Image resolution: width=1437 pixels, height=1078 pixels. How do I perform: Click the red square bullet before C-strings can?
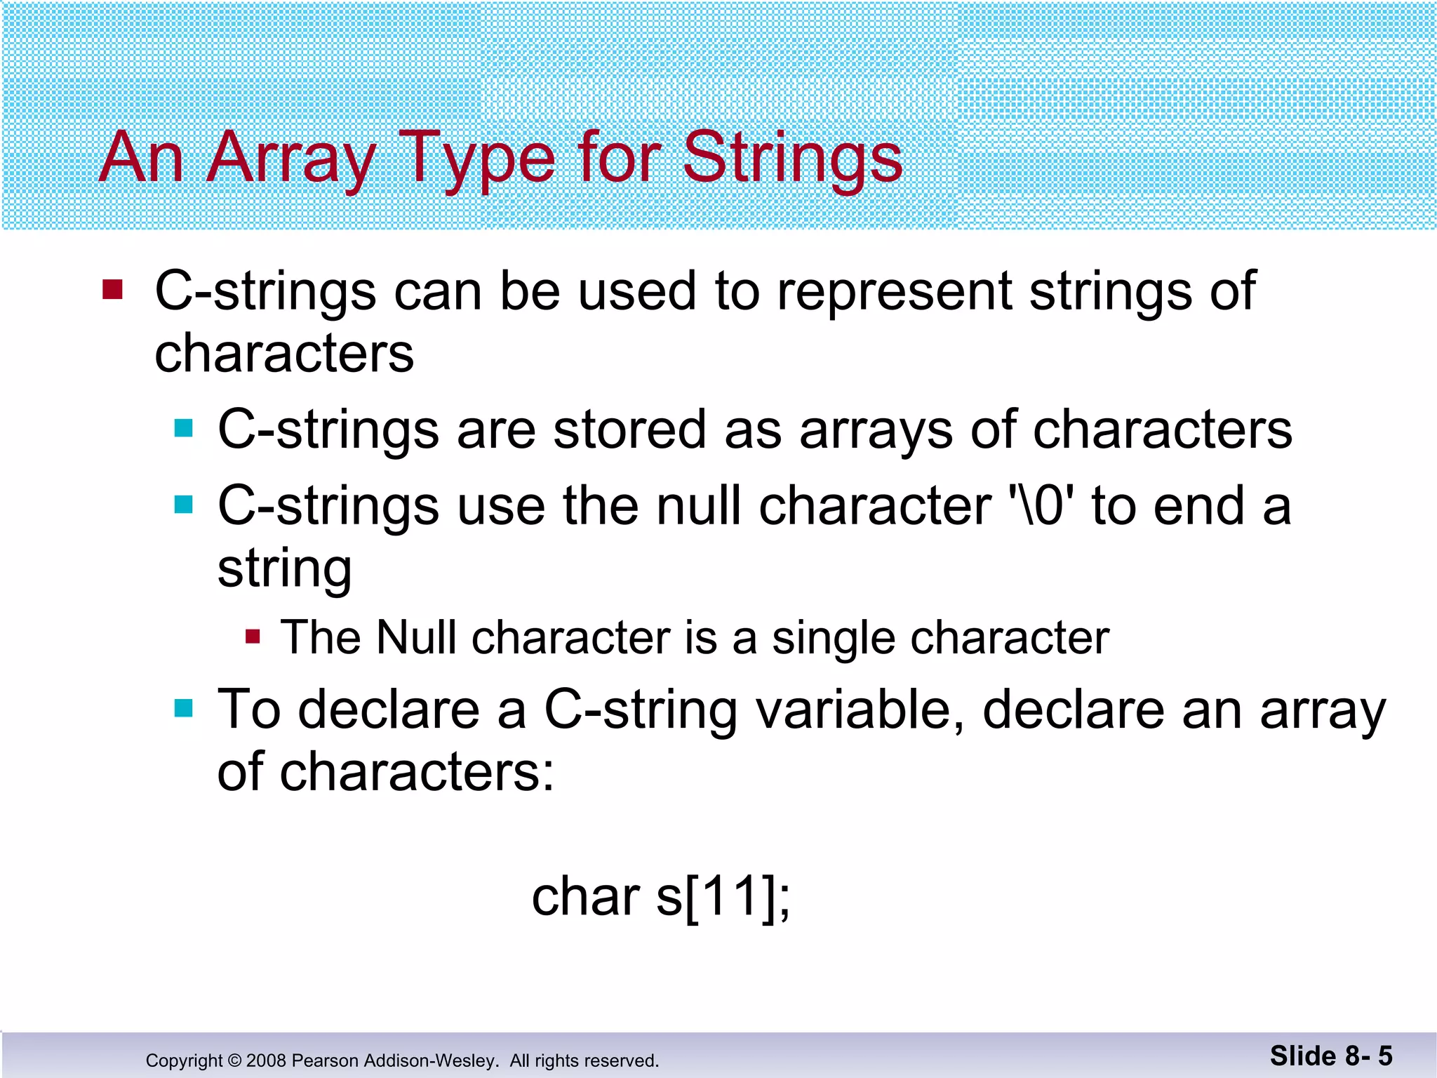(112, 289)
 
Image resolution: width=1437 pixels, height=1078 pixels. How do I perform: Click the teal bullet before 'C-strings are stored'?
(183, 428)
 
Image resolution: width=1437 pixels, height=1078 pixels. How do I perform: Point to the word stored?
(629, 430)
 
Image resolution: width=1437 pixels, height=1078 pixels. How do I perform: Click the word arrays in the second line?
(876, 431)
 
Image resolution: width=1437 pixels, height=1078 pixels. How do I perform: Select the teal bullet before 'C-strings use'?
(183, 504)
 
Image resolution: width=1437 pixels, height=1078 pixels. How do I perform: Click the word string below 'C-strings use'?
(284, 568)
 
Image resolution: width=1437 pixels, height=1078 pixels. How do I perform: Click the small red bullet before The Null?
(253, 637)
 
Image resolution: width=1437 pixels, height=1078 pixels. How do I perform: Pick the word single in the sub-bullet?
(833, 639)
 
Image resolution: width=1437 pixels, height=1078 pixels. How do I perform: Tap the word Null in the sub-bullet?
(415, 637)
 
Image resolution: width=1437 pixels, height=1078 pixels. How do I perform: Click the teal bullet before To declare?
(183, 708)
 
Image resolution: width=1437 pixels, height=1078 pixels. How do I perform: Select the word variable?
(860, 710)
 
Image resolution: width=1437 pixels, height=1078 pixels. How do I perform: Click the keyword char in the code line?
(586, 897)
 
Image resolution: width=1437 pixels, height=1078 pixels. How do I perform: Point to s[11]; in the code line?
(723, 897)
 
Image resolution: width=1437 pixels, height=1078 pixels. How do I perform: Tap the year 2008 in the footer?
(266, 1060)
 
